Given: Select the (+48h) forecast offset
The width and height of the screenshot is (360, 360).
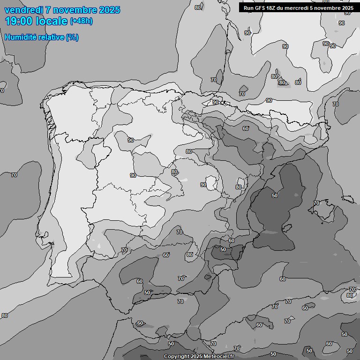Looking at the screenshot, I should coord(81,21).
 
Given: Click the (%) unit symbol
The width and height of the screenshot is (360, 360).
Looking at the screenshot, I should coord(72,37).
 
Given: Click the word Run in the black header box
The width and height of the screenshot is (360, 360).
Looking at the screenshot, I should coord(249,8).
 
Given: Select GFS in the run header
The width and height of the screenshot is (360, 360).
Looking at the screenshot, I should coord(261,8).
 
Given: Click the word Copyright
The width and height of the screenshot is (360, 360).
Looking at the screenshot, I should coord(177,357).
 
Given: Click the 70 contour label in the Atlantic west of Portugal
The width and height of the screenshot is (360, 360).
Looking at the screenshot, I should coord(14,175).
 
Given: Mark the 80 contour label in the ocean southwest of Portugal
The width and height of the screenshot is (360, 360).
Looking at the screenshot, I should coord(5,315).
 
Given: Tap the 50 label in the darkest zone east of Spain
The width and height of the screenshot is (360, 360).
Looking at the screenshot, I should coord(275,195).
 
